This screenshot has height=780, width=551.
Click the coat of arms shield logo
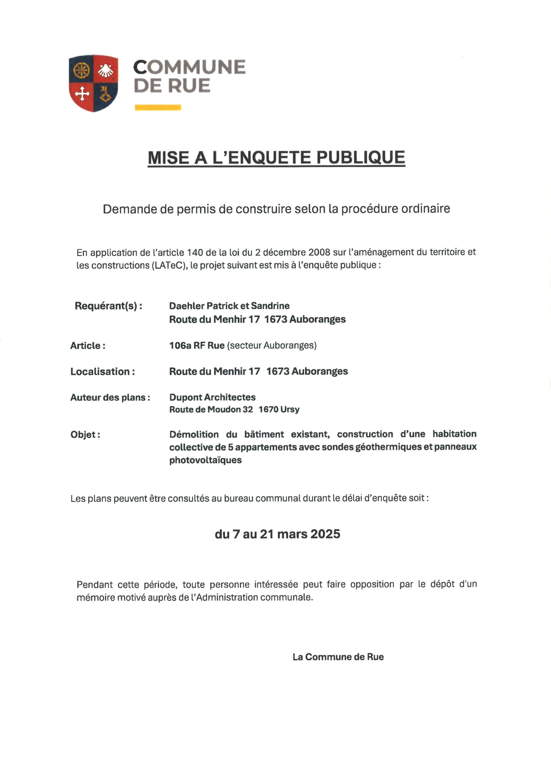coord(93,83)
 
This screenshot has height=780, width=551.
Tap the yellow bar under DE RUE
coord(158,107)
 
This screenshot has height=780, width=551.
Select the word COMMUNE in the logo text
coord(189,67)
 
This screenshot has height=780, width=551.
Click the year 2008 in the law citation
coord(319,252)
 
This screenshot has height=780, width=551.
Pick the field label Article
coord(88,346)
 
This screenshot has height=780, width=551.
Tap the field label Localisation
coord(103,371)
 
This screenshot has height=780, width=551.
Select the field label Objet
coord(85,434)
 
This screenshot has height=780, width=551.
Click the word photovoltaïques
coord(205,460)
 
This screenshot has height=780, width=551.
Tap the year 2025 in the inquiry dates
coord(325,534)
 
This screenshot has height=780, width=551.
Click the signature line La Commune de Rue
coord(338,657)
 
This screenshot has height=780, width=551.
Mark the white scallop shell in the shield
coord(106,70)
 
